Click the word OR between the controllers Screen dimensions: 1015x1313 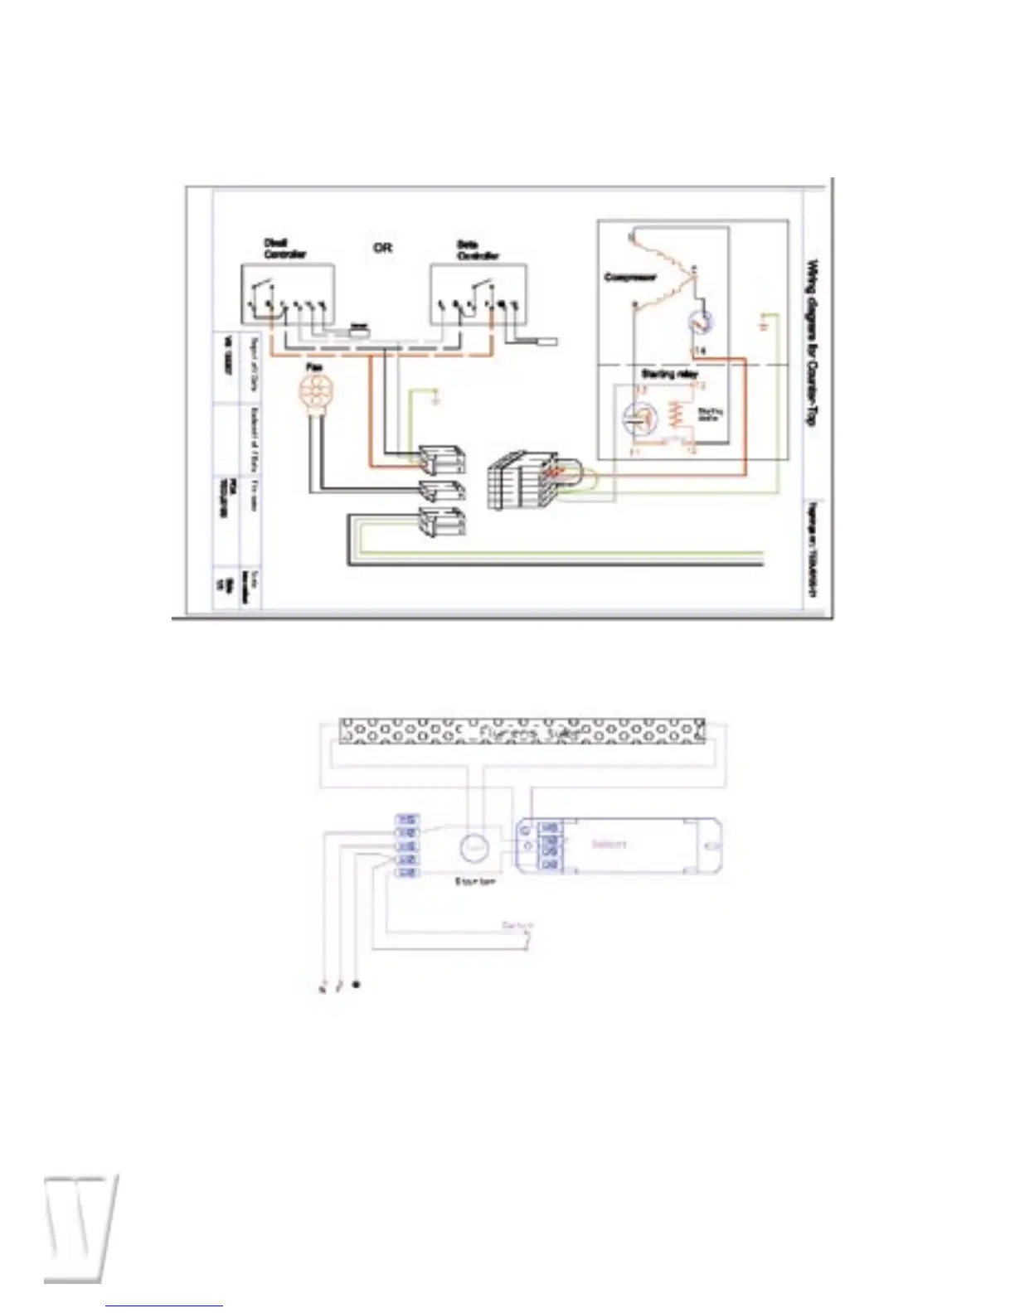pyautogui.click(x=382, y=247)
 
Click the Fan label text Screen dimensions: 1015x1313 pyautogui.click(x=314, y=366)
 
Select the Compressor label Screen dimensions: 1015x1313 pyautogui.click(x=630, y=277)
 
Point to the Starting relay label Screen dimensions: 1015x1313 pyautogui.click(x=669, y=374)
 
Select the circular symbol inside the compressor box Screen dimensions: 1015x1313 pyautogui.click(x=701, y=322)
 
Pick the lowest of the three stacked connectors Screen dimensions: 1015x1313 pyautogui.click(x=442, y=521)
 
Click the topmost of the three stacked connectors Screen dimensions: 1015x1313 pyautogui.click(x=442, y=459)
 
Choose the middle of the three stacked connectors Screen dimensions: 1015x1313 pyautogui.click(x=442, y=490)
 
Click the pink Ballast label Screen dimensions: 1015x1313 pyautogui.click(x=609, y=844)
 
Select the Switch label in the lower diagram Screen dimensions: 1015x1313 pyautogui.click(x=518, y=924)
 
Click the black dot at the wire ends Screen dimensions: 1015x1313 pyautogui.click(x=356, y=985)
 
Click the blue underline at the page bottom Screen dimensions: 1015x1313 pyautogui.click(x=164, y=1306)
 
